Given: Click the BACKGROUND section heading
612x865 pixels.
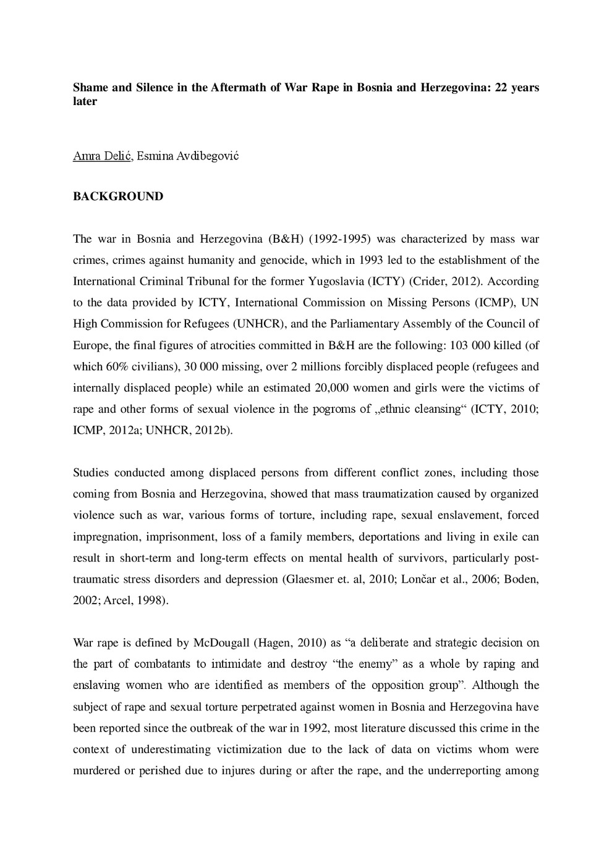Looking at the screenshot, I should click(118, 196).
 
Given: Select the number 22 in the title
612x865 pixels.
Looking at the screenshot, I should click(502, 87).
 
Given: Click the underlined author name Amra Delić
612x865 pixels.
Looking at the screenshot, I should click(102, 156).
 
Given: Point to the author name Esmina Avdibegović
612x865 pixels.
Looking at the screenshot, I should click(188, 156).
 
